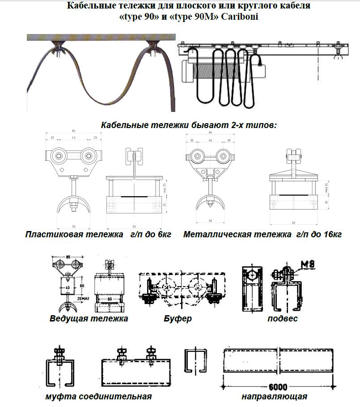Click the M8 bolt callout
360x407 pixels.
point(306,264)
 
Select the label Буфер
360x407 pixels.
point(178,319)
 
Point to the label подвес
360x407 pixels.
point(282,319)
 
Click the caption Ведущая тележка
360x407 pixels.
point(89,319)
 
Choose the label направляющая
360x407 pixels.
point(274,397)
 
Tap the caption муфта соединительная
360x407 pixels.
point(98,397)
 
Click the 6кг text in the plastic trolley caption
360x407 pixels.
point(164,235)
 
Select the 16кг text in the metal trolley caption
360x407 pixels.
point(331,235)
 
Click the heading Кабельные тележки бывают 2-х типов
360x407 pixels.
point(189,125)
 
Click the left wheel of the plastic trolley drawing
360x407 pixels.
point(59,156)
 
